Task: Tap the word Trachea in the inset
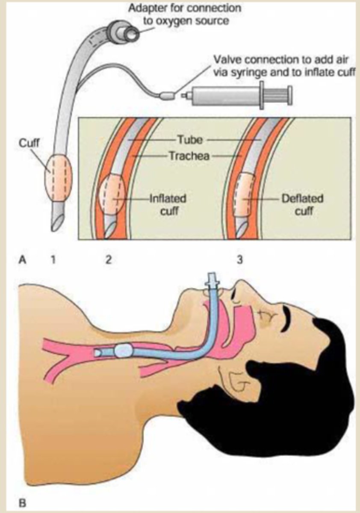tap(189, 156)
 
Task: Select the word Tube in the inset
tap(189, 140)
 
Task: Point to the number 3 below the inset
tap(240, 259)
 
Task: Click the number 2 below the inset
tap(108, 259)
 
